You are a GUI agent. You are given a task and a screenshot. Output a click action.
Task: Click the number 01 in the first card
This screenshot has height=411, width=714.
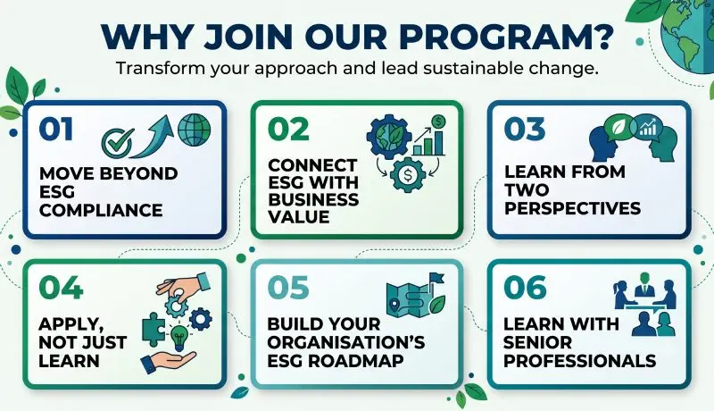pos(56,129)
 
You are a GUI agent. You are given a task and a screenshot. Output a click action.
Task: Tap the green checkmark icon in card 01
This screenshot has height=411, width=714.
pos(118,142)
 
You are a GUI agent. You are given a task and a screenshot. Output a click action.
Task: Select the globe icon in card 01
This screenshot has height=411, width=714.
pos(195,130)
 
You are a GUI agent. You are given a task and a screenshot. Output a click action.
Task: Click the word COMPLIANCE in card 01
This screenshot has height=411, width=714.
pos(101,211)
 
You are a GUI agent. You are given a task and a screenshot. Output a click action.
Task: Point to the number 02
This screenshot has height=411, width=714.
pos(288,130)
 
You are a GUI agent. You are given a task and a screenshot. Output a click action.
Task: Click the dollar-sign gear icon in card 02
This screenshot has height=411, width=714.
pos(408,174)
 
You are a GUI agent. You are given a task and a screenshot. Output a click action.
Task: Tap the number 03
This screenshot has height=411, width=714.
pos(525,129)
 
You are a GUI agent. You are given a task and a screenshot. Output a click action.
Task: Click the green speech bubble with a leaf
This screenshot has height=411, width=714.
pos(619,128)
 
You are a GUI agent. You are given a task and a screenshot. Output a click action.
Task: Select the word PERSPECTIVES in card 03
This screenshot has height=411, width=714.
pos(572,208)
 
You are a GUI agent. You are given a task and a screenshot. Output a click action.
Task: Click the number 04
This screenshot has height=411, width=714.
pos(61,288)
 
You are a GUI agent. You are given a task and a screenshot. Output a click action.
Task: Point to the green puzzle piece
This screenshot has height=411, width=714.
pos(154,329)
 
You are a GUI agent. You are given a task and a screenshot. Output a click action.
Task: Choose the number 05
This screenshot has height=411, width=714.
pos(288,288)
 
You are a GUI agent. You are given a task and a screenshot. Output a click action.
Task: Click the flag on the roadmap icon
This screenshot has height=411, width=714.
pos(436,278)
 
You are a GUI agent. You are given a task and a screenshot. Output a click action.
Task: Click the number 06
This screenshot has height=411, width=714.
pos(525,288)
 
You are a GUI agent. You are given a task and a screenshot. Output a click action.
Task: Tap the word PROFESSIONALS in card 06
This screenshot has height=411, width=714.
pos(579,361)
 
